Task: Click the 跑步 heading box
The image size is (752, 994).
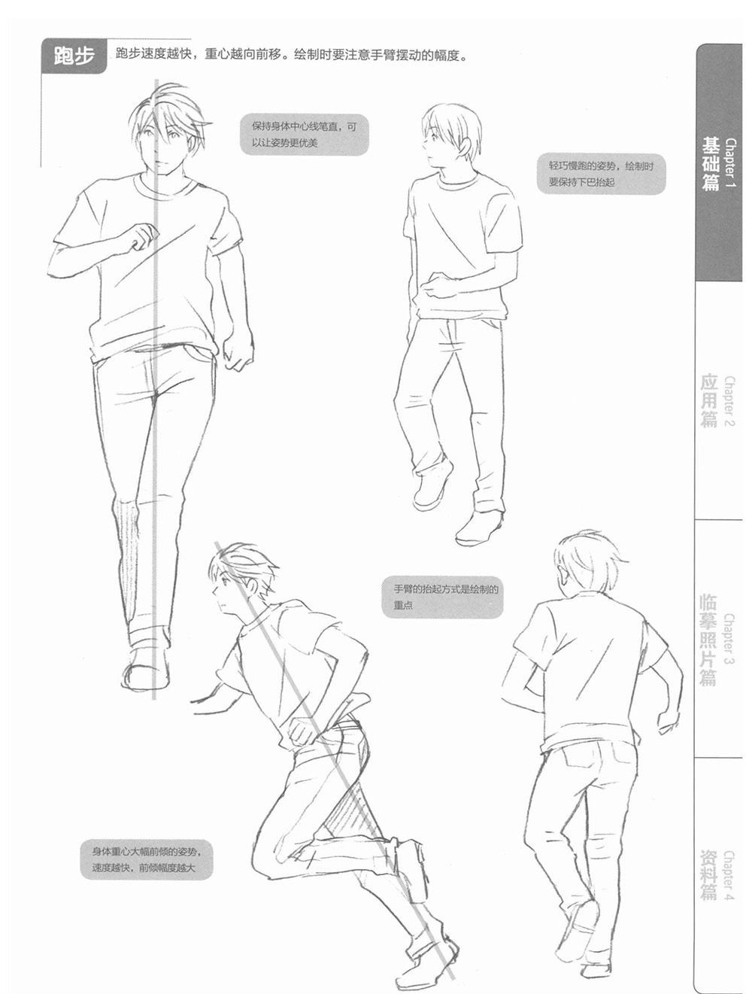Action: (x=74, y=56)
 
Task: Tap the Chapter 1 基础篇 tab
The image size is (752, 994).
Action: (x=718, y=163)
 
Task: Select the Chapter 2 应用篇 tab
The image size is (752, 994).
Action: (x=718, y=401)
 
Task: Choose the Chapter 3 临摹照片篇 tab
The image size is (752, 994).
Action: (x=718, y=639)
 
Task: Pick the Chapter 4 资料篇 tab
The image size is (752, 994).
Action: (x=718, y=877)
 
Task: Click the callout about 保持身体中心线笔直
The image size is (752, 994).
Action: (x=304, y=135)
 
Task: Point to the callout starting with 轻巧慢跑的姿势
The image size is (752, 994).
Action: (x=602, y=175)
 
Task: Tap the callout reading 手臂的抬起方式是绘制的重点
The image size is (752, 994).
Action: (x=443, y=597)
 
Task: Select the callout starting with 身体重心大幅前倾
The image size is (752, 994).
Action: (x=146, y=860)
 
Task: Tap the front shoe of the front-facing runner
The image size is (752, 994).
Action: (x=145, y=668)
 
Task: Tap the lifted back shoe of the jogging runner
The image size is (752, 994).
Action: (x=432, y=485)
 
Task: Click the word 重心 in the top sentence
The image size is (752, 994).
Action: (x=218, y=55)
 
